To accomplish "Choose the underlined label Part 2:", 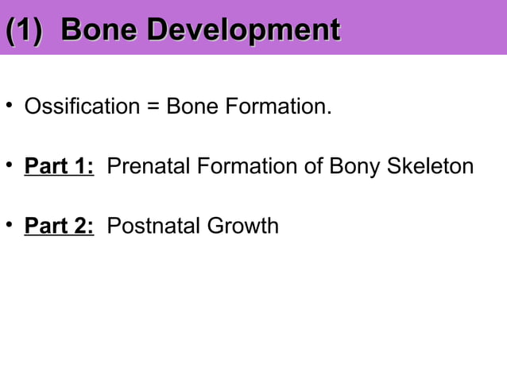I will pyautogui.click(x=60, y=227).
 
